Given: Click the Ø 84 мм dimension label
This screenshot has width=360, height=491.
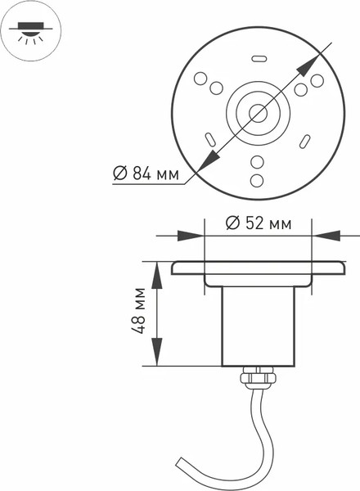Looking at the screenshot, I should pos(145,173).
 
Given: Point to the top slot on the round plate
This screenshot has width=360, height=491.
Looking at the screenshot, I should pos(259,58).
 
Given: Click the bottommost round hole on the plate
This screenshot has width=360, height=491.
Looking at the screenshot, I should pos(257,178).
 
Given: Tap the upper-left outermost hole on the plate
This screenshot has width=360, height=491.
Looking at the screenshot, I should pos(199,79).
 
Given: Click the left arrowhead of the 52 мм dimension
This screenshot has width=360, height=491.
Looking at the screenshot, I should pos(196,236).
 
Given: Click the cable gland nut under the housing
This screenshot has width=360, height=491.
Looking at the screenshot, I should pos(257,376).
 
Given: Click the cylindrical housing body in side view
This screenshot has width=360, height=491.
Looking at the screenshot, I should pos(257,327).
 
